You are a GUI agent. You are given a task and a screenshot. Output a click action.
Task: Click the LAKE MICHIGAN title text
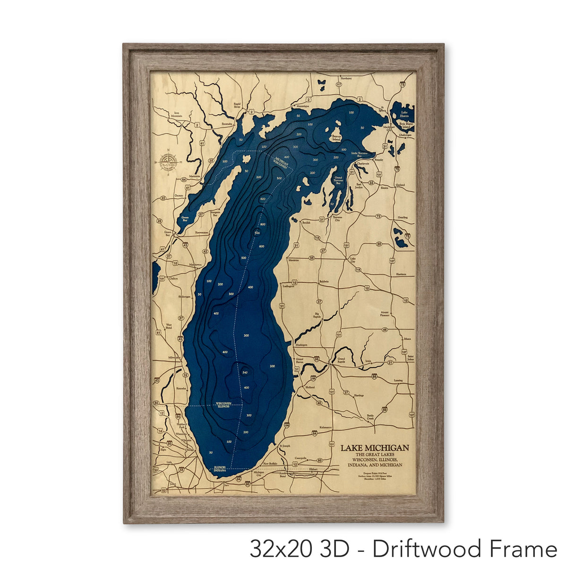click(x=375, y=447)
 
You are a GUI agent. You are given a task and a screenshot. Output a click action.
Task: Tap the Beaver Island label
click(x=336, y=138)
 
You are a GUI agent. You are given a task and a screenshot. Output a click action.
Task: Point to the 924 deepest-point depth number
click(x=258, y=233)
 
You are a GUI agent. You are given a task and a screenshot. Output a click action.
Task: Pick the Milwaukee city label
click(x=174, y=358)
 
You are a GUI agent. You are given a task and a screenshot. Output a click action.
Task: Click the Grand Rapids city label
click(x=343, y=360)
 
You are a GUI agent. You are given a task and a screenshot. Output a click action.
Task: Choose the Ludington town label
click(x=288, y=286)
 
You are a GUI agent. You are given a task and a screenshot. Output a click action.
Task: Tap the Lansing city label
click(x=398, y=380)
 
